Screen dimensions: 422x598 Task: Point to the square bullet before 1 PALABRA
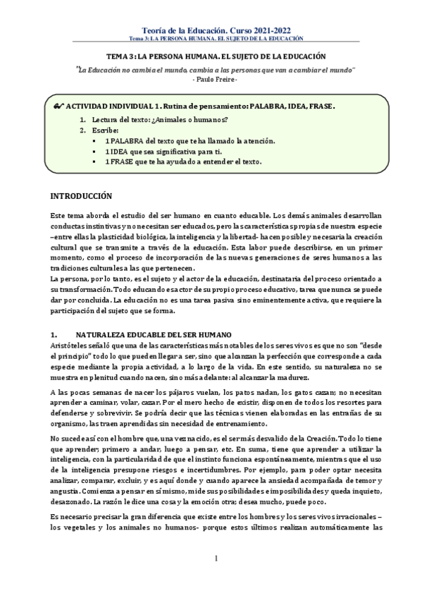click(94, 141)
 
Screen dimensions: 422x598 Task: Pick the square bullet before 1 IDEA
click(94, 152)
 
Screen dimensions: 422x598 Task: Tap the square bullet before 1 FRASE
click(94, 161)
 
